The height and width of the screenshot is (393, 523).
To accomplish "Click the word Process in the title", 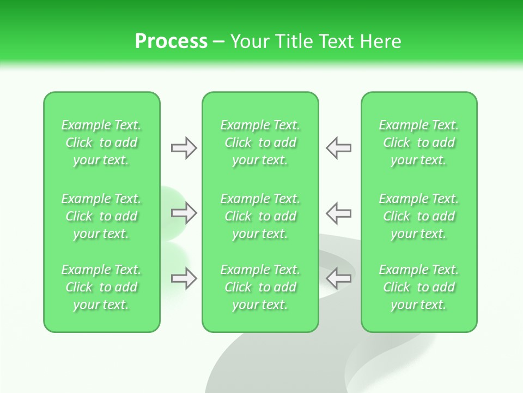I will pos(171,41).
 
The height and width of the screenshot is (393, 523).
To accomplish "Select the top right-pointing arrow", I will pos(184,148).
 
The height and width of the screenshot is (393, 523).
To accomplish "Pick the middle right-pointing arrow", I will pos(184,212).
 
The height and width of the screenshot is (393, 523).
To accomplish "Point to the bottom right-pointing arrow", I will pos(184,278).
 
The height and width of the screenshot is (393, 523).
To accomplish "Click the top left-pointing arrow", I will pos(339,148).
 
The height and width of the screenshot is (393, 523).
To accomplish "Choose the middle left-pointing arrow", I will pos(339,212).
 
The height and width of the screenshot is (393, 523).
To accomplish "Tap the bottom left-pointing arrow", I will pos(339,278).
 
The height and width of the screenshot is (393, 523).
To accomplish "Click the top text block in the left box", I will pos(101,142).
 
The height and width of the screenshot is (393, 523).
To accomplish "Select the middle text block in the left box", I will pos(101,216).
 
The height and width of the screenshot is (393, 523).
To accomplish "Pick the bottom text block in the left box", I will pos(101,287).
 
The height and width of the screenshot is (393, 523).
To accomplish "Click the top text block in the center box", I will pos(260,142).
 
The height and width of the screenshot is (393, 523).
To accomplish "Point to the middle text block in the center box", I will pos(260,216).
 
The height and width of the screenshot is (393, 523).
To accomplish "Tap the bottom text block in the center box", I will pos(260,287).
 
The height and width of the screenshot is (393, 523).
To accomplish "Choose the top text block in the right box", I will pos(419,142).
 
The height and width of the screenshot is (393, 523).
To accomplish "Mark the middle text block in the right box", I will pos(419,216).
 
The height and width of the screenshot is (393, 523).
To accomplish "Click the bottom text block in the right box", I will pos(419,287).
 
